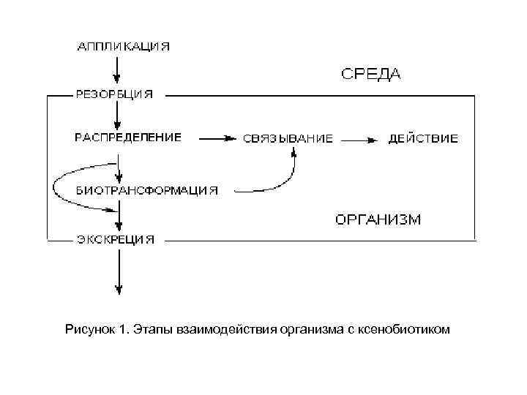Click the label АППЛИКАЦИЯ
point(124,46)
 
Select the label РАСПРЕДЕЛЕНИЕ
point(128,137)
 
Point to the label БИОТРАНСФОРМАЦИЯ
point(147,190)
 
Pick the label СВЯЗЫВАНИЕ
point(288,138)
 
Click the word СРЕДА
point(371,73)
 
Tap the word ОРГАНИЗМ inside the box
point(378,219)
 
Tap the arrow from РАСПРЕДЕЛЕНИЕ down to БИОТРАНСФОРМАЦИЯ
point(118,163)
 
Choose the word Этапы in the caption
point(152,329)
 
